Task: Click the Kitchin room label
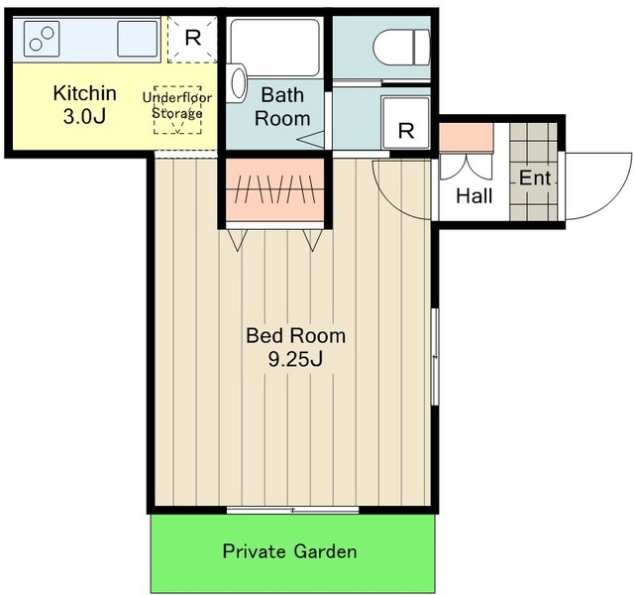(84, 93)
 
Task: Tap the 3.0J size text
(84, 117)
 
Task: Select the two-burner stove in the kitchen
(42, 39)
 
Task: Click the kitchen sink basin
(137, 39)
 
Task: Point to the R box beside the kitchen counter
(193, 39)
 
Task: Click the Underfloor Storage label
(177, 105)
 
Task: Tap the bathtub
(275, 47)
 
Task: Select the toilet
(401, 48)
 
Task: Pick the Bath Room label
(282, 106)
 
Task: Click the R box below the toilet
(405, 122)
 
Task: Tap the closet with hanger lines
(275, 189)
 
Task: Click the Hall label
(474, 196)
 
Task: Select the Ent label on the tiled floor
(535, 178)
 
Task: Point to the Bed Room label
(295, 336)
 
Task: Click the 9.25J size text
(295, 359)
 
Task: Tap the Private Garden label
(289, 551)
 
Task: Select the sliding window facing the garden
(293, 510)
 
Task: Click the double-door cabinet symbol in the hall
(466, 167)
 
